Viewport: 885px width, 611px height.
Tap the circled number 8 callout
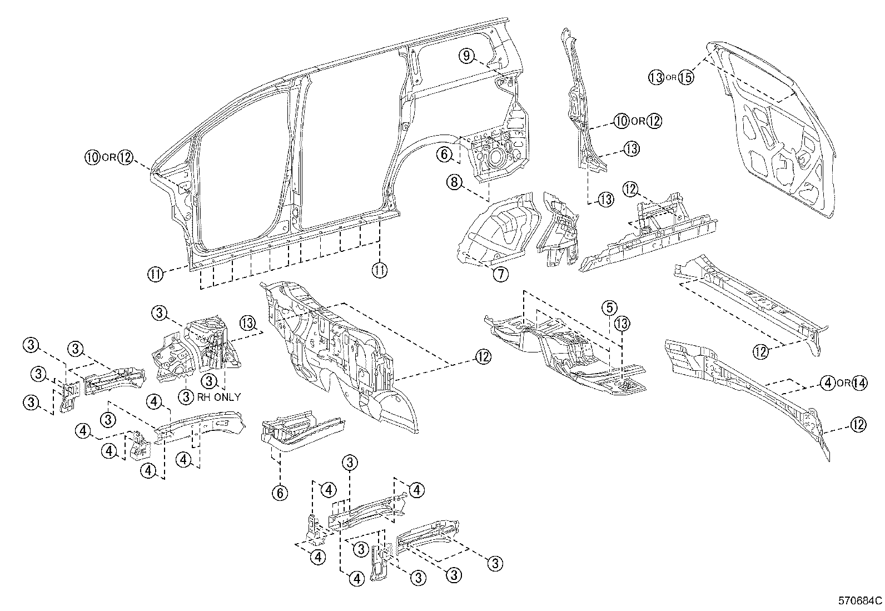coord(454,182)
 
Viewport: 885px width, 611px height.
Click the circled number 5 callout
coord(609,307)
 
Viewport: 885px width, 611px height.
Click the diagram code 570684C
coord(860,601)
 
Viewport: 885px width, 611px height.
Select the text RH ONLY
coord(219,397)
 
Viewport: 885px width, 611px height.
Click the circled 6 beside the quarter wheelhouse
coord(445,154)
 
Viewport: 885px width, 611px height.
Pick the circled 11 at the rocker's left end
coord(156,274)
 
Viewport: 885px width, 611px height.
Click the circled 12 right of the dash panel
coord(483,357)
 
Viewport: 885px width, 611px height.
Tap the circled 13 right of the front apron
coord(247,322)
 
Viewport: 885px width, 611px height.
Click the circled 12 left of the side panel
coord(126,157)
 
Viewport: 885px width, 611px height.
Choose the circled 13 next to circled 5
coord(622,324)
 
